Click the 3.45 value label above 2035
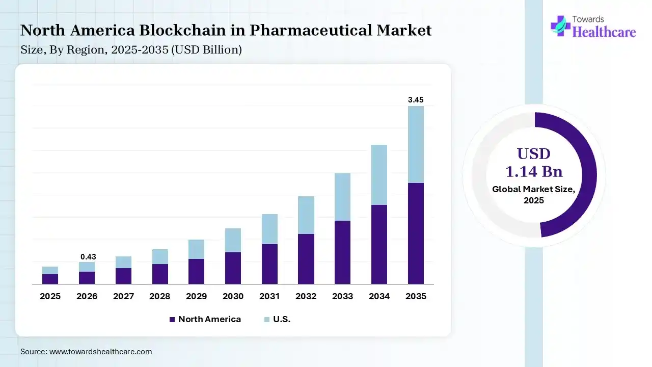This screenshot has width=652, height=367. [x=416, y=100]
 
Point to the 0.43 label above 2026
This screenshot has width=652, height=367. [x=88, y=257]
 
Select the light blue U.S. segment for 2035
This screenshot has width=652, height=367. [x=416, y=144]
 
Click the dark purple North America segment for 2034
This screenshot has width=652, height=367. [x=379, y=244]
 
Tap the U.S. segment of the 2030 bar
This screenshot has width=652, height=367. [x=233, y=240]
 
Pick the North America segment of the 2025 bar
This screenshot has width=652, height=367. [x=50, y=279]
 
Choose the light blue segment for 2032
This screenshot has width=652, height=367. [x=306, y=215]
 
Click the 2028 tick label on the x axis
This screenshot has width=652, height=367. [x=160, y=296]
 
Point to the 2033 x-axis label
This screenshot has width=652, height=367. [x=343, y=296]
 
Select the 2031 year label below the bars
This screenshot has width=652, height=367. [x=269, y=296]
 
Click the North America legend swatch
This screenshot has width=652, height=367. [x=172, y=320]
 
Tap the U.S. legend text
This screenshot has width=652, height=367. [x=282, y=320]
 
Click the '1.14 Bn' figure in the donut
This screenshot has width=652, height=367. [x=533, y=171]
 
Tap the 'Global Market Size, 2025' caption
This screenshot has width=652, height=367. [x=533, y=195]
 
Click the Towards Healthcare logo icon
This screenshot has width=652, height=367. [x=560, y=25]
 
